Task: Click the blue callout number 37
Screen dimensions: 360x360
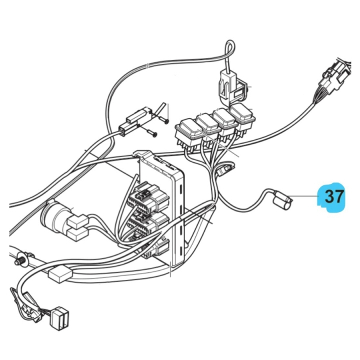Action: pyautogui.click(x=333, y=196)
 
